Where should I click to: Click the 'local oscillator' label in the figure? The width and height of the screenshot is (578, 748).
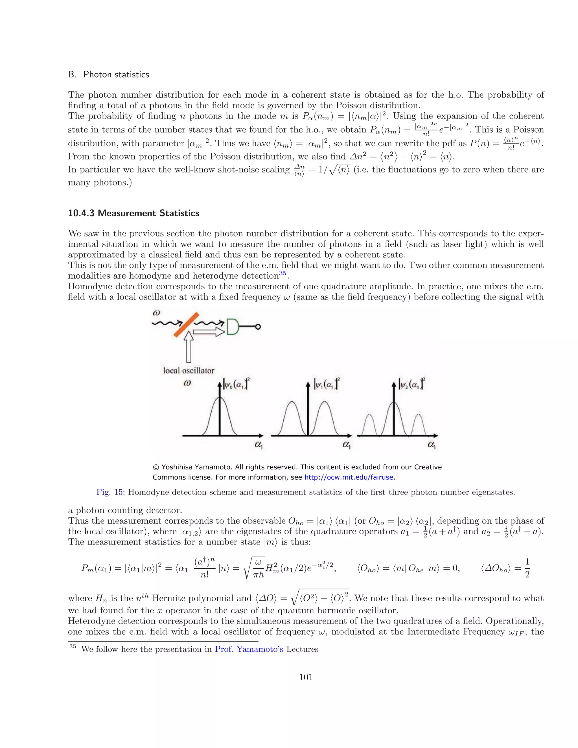click(189, 371)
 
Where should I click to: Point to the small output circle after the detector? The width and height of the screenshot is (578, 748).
click(258, 327)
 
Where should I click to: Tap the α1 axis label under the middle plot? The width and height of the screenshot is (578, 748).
click(347, 445)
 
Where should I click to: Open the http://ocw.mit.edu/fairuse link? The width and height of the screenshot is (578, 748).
click(349, 477)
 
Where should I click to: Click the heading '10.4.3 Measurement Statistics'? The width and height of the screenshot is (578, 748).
click(133, 213)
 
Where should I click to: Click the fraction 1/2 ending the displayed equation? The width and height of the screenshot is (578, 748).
click(527, 568)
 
